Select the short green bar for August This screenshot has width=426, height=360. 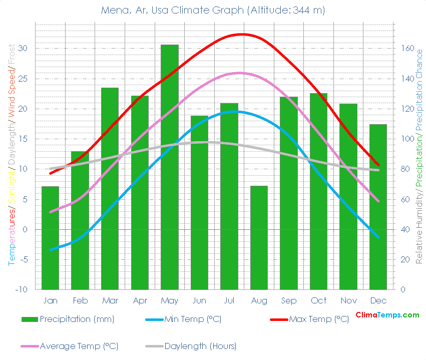click(x=259, y=237)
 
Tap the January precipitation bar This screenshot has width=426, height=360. click(x=50, y=238)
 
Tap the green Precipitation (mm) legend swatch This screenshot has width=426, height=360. click(x=30, y=319)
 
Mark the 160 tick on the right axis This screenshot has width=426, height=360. click(x=406, y=49)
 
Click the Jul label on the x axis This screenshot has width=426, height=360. click(x=229, y=300)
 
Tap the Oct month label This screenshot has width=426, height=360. click(x=318, y=300)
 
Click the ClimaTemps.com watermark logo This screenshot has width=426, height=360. click(x=387, y=315)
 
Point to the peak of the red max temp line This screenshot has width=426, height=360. click(x=243, y=34)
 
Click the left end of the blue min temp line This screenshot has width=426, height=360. click(x=51, y=249)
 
